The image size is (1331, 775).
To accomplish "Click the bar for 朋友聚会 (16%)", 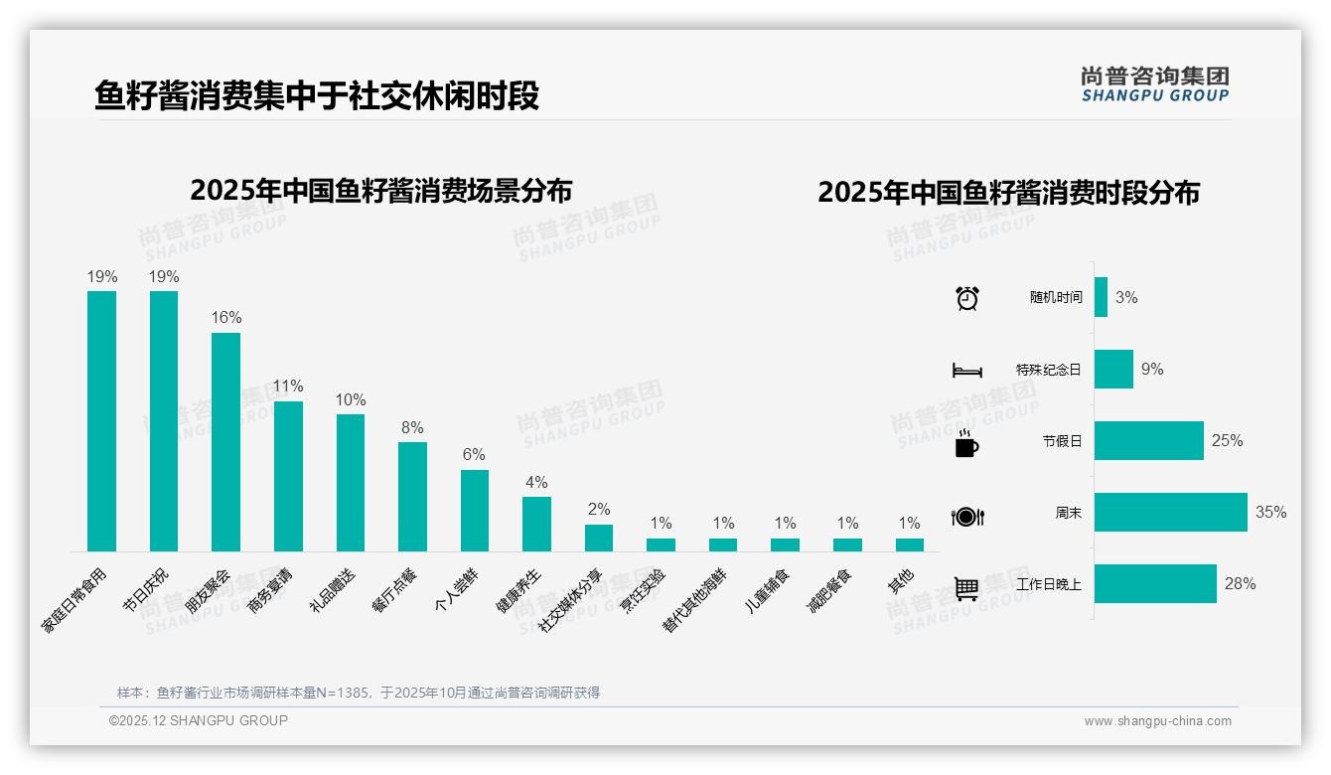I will pyautogui.click(x=225, y=442).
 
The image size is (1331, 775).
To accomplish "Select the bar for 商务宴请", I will pyautogui.click(x=288, y=476).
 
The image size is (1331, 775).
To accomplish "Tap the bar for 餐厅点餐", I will pyautogui.click(x=412, y=497).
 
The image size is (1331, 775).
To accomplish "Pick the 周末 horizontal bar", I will pyautogui.click(x=1170, y=513).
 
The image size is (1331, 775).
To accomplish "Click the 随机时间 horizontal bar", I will pyautogui.click(x=1101, y=297).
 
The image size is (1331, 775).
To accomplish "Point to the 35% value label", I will pyautogui.click(x=1270, y=513).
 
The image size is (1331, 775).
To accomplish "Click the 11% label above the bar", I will pyautogui.click(x=288, y=387).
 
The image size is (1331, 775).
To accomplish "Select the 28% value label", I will pyautogui.click(x=1240, y=584).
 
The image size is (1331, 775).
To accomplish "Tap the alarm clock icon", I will pyautogui.click(x=966, y=298).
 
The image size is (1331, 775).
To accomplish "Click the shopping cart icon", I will pyautogui.click(x=966, y=588).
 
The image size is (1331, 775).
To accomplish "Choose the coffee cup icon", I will pyautogui.click(x=966, y=444).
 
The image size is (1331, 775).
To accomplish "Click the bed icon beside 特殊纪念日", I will pyautogui.click(x=966, y=371).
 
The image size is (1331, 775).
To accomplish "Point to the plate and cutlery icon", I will pyautogui.click(x=966, y=517).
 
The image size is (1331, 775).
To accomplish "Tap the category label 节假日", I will pyautogui.click(x=1062, y=442).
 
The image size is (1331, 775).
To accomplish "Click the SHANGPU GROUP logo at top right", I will pyautogui.click(x=1154, y=84).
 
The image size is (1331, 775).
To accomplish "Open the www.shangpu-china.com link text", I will pyautogui.click(x=1157, y=721).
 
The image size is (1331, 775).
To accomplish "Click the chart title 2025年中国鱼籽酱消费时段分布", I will pyautogui.click(x=1008, y=193).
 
